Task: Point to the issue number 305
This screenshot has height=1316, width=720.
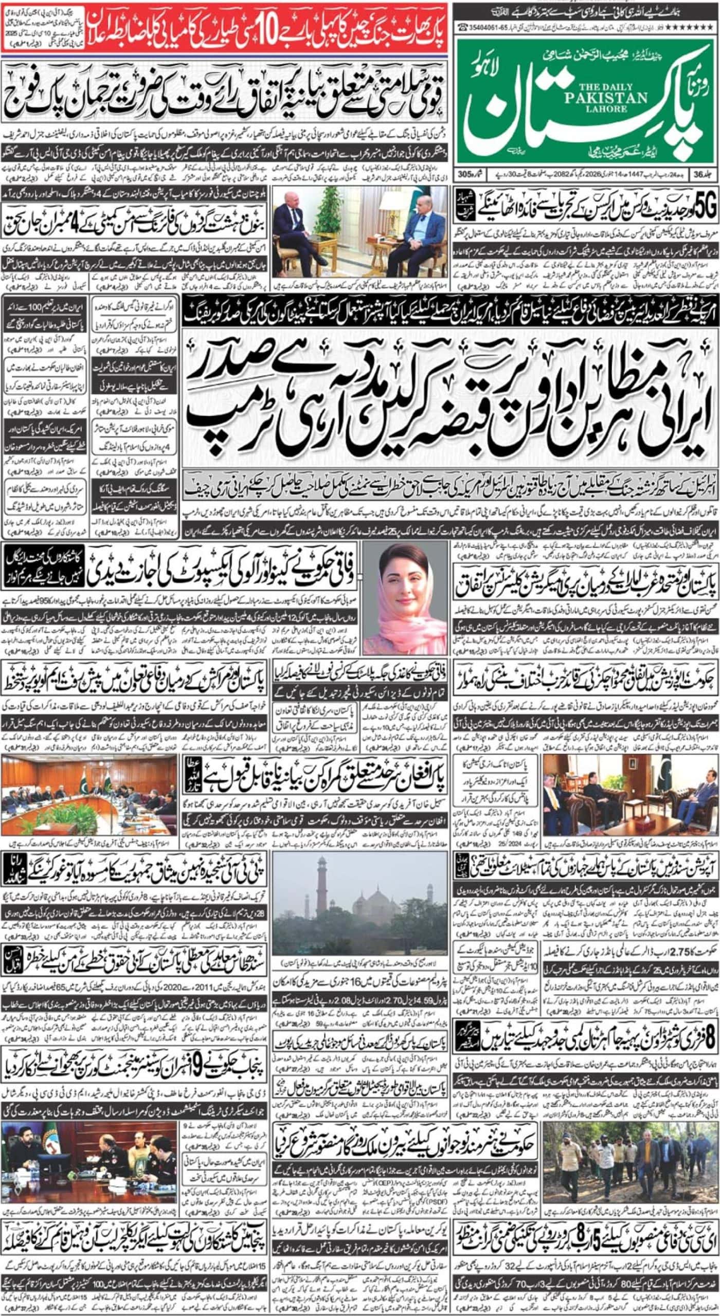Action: coord(464,174)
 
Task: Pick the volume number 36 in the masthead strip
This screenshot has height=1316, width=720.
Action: coord(697,174)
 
